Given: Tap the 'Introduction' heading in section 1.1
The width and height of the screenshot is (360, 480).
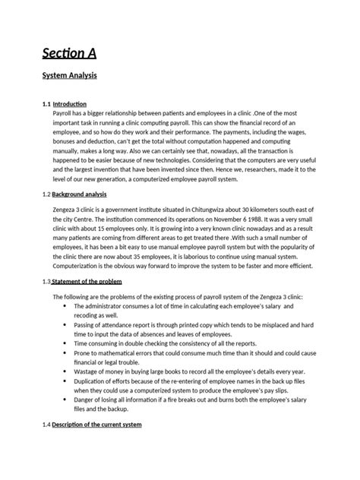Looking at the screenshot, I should pos(69,103).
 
